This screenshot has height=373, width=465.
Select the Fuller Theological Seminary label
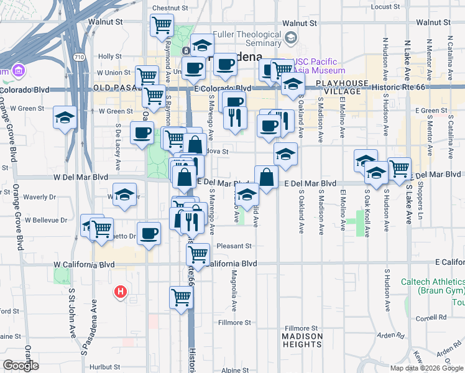[247, 39]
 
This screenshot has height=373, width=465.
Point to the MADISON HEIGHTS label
[302, 341]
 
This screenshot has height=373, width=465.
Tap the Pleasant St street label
[234, 246]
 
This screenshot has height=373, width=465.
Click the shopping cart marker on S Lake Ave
[399, 167]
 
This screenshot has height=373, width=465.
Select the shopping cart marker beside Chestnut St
[162, 25]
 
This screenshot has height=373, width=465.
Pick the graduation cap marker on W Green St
[65, 117]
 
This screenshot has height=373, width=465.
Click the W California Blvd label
[84, 264]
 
